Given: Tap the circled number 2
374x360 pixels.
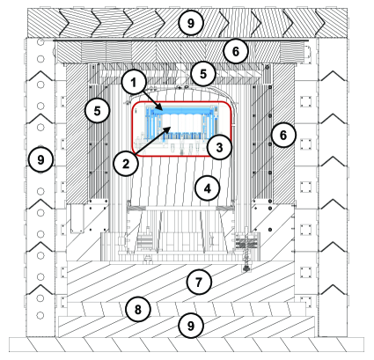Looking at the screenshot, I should [x=125, y=162].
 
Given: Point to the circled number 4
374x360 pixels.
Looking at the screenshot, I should [x=207, y=188].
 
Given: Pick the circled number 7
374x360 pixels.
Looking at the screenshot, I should [x=198, y=282].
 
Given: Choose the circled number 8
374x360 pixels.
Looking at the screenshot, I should [x=136, y=309].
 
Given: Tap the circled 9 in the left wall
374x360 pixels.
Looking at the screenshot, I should [x=37, y=159].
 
